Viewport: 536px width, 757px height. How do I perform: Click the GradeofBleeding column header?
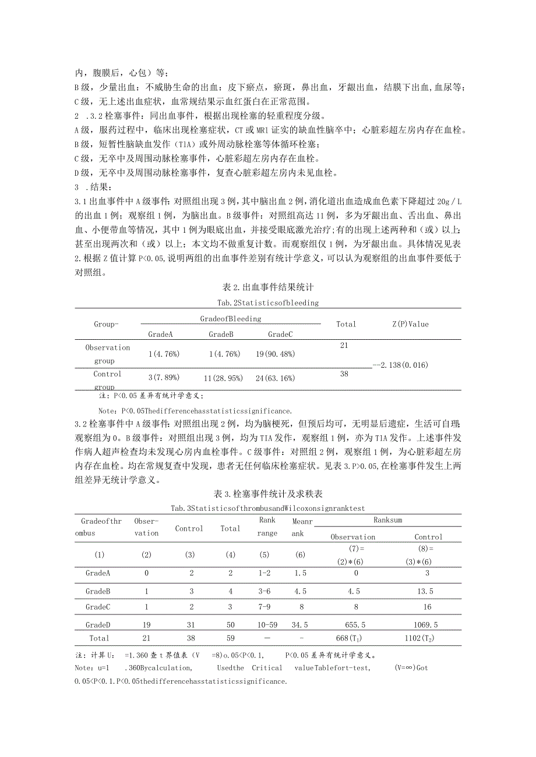[x=231, y=318]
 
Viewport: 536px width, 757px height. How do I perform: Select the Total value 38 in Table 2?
[x=344, y=374]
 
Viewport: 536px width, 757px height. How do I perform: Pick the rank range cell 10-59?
[x=267, y=624]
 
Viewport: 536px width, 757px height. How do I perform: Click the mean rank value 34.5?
[x=300, y=624]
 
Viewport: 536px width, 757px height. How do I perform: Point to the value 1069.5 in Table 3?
[x=428, y=624]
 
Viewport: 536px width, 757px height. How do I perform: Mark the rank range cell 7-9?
[x=267, y=607]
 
